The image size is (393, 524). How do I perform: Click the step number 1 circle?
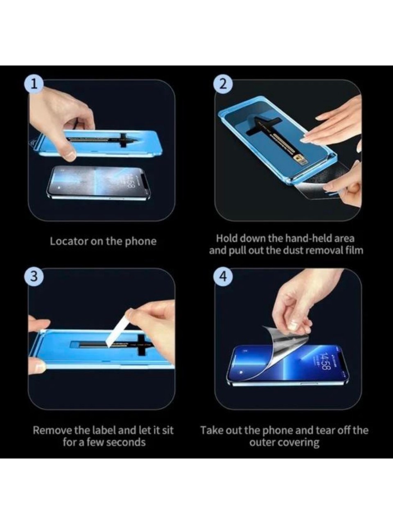[34, 84]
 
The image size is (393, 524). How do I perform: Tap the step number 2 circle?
[223, 84]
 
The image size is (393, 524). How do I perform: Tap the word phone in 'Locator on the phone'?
[141, 241]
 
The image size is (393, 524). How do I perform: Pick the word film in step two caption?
[353, 250]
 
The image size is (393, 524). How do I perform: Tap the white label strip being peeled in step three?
[116, 328]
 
